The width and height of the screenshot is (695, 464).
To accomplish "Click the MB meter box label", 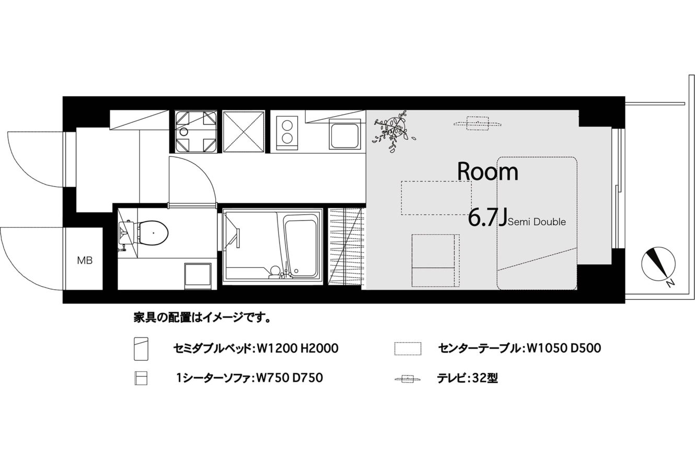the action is point(85,261).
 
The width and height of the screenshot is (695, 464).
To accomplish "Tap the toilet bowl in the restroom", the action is point(153,232).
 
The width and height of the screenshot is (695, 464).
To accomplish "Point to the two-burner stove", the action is point(287,134).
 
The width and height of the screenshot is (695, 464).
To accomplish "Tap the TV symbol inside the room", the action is point(478,123).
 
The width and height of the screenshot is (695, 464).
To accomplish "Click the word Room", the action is point(488,172).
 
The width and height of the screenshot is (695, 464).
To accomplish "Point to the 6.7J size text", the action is point(488,218).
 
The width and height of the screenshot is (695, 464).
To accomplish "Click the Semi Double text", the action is point(537,222).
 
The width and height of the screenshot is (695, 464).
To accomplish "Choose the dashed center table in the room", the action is point(436,198).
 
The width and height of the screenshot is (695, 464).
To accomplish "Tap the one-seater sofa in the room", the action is point(436,261).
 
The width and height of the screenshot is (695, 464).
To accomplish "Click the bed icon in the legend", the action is point(141,349).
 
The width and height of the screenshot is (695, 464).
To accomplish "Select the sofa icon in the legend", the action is point(141,378).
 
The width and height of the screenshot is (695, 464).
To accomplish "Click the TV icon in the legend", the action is point(408,379).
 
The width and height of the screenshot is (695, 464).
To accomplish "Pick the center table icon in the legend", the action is point(408,348).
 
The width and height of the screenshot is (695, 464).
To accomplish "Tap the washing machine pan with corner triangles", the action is point(196,132).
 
